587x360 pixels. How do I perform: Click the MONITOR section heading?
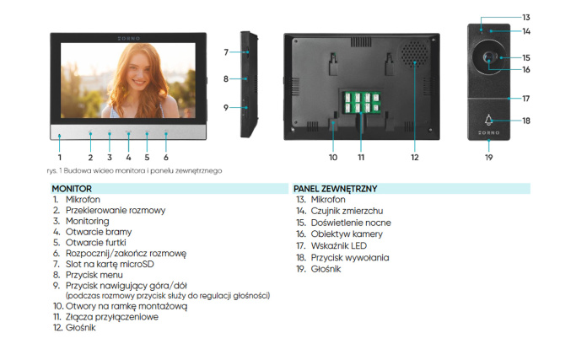(72, 189)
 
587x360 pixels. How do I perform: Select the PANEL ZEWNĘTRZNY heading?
(335, 189)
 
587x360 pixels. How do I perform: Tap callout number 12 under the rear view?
(414, 158)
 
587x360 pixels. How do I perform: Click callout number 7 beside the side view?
(226, 52)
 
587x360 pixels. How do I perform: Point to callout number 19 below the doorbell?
(488, 158)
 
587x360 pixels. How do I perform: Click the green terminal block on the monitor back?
(362, 102)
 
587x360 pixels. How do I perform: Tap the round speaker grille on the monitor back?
(414, 52)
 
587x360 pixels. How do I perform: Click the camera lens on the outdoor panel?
(488, 57)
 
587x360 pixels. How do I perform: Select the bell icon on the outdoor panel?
(488, 120)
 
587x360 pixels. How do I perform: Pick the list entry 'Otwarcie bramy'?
(99, 232)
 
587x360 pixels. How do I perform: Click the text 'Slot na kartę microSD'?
(110, 264)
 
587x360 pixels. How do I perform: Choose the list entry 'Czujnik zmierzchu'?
(347, 211)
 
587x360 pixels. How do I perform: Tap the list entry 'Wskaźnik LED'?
(339, 246)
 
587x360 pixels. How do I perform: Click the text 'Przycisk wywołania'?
(350, 257)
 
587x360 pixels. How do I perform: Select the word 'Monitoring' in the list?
(87, 221)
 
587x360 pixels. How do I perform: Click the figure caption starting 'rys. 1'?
(134, 170)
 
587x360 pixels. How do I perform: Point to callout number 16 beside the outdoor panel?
(526, 70)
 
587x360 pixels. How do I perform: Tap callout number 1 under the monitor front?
(60, 158)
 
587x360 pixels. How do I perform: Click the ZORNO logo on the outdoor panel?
(488, 132)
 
